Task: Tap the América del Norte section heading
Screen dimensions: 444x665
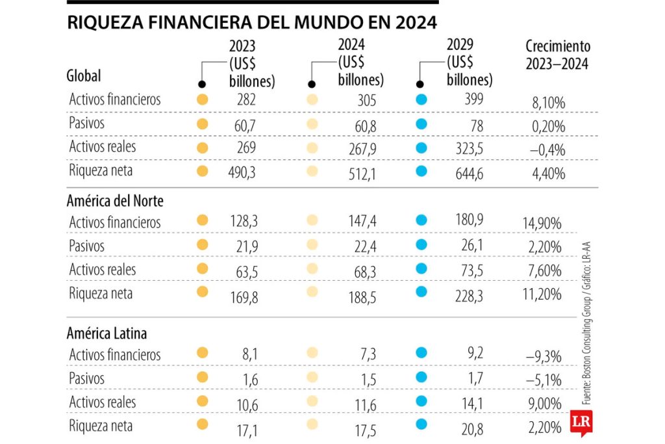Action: coord(115,201)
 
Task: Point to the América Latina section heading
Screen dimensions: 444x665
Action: coord(107,333)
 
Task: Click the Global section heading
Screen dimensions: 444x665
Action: coord(84,75)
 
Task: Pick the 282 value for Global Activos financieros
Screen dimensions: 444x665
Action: coord(247,100)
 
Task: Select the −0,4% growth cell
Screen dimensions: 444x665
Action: coord(547,150)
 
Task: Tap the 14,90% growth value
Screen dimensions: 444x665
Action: coord(542,224)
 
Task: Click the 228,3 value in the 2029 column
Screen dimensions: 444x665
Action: coord(470,294)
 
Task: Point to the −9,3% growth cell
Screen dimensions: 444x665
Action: coord(545,356)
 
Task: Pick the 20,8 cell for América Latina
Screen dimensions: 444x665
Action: coord(473,426)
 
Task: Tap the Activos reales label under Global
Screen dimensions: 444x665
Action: coord(103,146)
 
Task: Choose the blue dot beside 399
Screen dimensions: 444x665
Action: coord(421,100)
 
